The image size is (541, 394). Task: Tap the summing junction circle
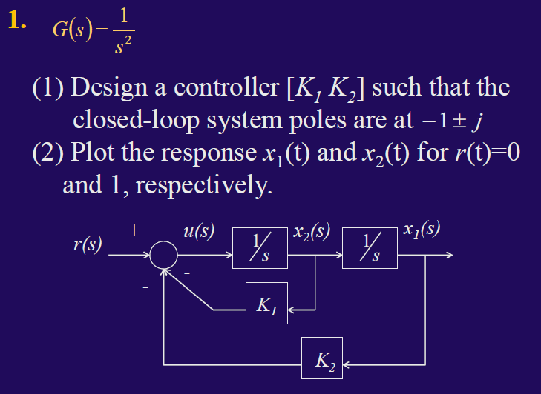[164, 256]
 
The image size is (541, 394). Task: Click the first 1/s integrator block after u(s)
[260, 248]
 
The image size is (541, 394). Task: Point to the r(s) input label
[88, 244]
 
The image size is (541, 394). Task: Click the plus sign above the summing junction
[134, 230]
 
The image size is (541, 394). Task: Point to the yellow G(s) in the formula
[71, 30]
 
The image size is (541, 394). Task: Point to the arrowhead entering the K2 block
[346, 364]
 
